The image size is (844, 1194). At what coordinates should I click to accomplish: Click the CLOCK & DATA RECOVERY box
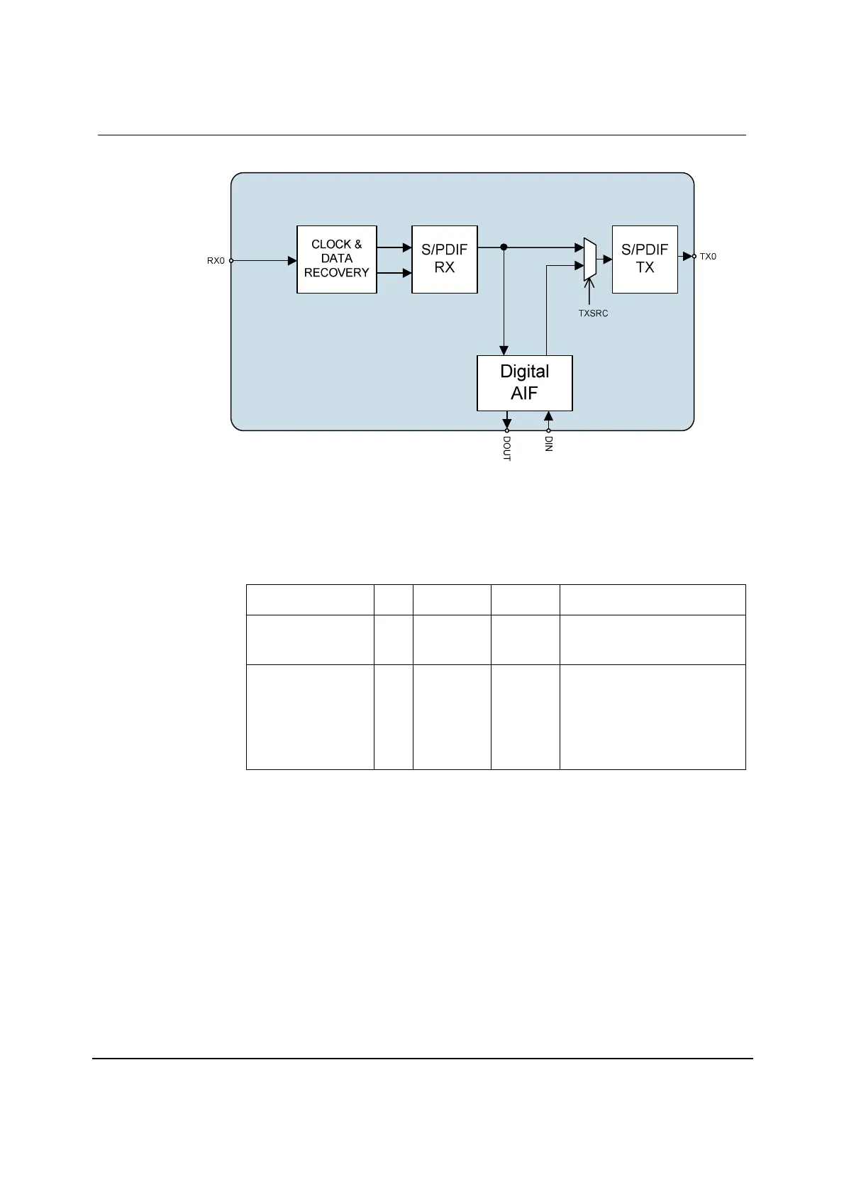coord(336,259)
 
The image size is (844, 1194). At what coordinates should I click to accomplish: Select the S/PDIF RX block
coord(445,259)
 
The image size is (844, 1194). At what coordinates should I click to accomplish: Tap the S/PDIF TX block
coord(645,259)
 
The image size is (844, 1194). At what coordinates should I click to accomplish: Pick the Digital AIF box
coord(524,383)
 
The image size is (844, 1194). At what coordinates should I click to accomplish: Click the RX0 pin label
coord(216,261)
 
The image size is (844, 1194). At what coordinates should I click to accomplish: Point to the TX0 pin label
coord(709,257)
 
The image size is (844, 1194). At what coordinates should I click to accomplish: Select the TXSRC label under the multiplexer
coord(593,313)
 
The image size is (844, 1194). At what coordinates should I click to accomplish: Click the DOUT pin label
coord(507,449)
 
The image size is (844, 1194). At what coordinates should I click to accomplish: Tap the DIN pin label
coord(548,444)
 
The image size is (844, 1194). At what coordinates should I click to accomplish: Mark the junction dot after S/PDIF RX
coord(504,247)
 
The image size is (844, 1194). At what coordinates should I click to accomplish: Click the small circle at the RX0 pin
coord(231,260)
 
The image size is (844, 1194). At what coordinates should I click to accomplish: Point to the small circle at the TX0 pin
coord(694,256)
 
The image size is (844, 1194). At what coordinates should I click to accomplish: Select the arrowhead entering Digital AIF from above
coord(504,350)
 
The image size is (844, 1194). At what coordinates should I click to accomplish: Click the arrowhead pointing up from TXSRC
coord(589,285)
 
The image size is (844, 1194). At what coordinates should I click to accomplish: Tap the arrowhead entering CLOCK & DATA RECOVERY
coord(292,260)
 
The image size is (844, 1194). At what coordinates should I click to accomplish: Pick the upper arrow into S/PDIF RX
coord(407,247)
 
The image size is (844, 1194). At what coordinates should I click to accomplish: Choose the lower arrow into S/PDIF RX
coord(407,272)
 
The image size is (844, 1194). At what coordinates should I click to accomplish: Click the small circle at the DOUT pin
coord(507,430)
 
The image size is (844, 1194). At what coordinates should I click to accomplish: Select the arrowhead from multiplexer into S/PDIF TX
coord(608,260)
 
